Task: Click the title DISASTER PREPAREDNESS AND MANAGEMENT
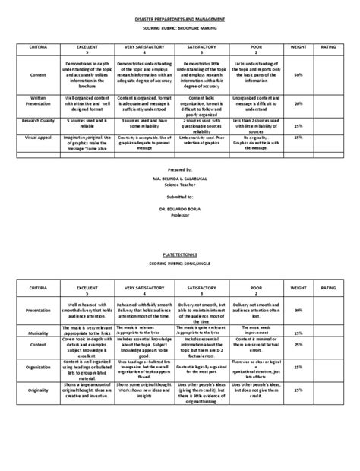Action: click(x=179, y=14)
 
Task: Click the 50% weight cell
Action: click(x=298, y=75)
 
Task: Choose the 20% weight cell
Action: click(x=298, y=103)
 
